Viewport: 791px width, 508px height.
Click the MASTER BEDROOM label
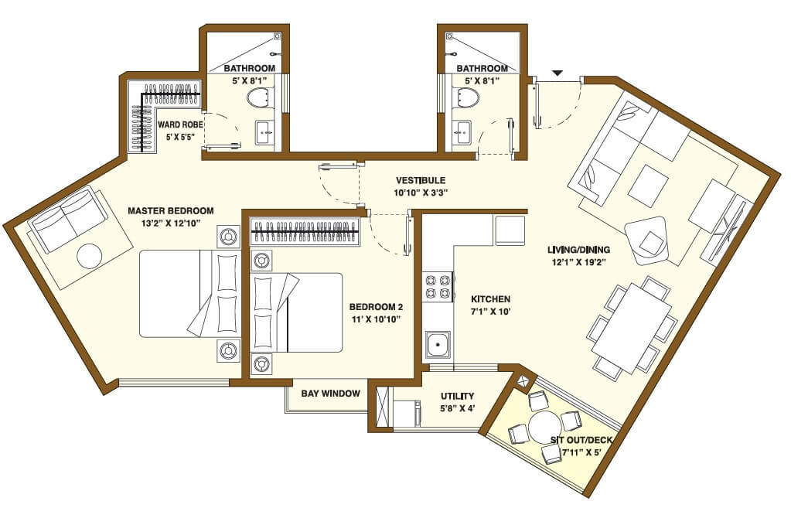(x=170, y=210)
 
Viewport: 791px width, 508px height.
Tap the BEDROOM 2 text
(x=376, y=306)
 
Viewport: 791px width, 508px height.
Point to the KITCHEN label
(x=490, y=298)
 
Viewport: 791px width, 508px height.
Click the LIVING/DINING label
(x=578, y=249)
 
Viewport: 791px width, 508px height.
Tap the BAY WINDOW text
(x=331, y=394)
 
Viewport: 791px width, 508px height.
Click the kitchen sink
(x=438, y=343)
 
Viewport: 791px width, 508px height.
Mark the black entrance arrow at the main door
(x=557, y=73)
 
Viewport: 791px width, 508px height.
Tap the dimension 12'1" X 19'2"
(x=578, y=261)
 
